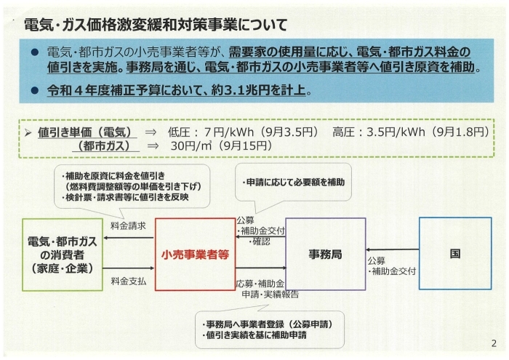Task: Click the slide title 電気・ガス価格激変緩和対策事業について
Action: point(156,25)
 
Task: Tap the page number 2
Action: point(494,343)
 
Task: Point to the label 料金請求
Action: point(128,226)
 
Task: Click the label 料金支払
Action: point(129,281)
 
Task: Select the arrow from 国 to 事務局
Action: point(392,249)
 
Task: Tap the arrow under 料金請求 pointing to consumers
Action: point(129,238)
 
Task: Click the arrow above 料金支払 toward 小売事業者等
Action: point(129,268)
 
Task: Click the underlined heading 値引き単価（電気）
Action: point(85,132)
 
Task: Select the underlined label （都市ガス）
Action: point(105,146)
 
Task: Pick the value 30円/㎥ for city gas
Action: point(191,146)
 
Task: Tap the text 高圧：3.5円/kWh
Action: point(379,132)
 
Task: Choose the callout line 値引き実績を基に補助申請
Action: point(256,335)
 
